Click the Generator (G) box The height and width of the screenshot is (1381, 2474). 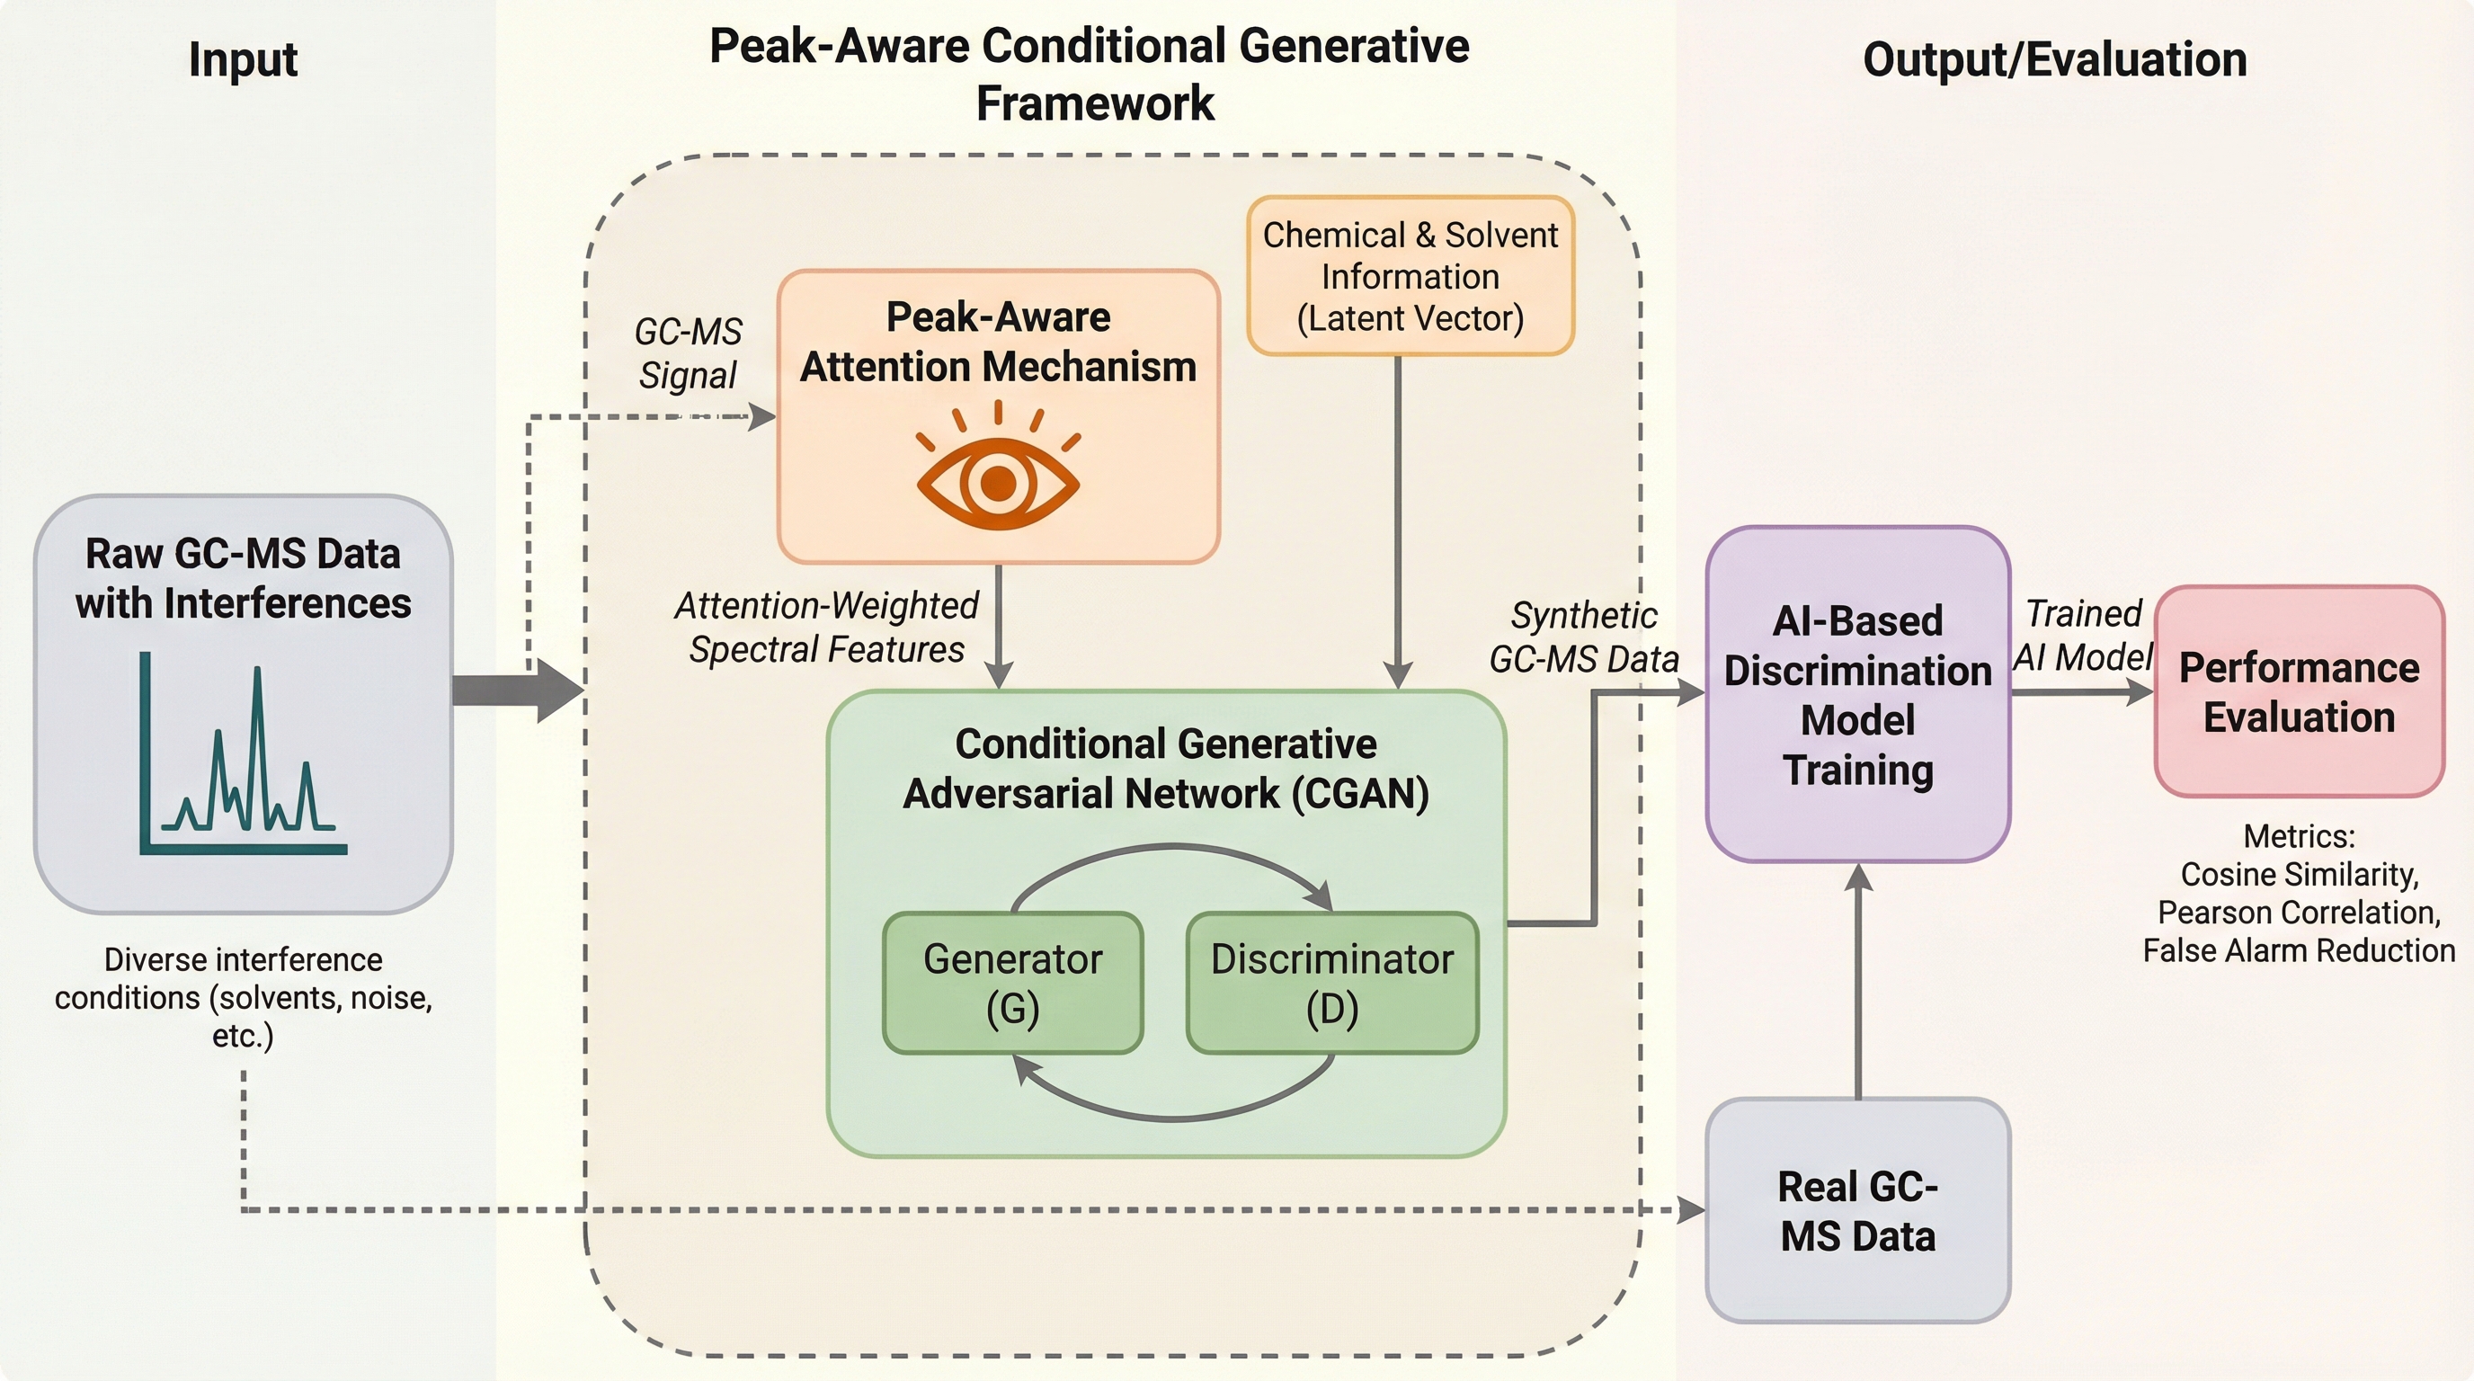(1012, 983)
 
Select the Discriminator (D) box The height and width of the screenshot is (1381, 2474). (1332, 983)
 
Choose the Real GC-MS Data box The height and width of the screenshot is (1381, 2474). (1857, 1210)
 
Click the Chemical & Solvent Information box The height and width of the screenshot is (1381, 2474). (1410, 277)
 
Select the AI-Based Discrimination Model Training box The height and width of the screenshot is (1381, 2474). (1857, 694)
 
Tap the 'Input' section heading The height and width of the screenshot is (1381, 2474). (243, 59)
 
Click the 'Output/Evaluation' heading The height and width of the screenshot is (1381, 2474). (2054, 59)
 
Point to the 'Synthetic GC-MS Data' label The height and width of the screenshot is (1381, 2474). (1584, 637)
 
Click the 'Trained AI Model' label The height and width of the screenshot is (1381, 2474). (2083, 635)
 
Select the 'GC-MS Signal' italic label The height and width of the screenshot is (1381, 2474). (688, 353)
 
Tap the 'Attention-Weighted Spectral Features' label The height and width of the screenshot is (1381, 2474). (826, 628)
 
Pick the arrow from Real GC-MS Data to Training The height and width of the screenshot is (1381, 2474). (1858, 980)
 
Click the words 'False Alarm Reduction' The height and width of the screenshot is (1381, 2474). (2298, 950)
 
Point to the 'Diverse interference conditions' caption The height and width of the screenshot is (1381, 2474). (243, 997)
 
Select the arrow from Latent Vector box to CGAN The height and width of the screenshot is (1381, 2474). (1397, 519)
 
